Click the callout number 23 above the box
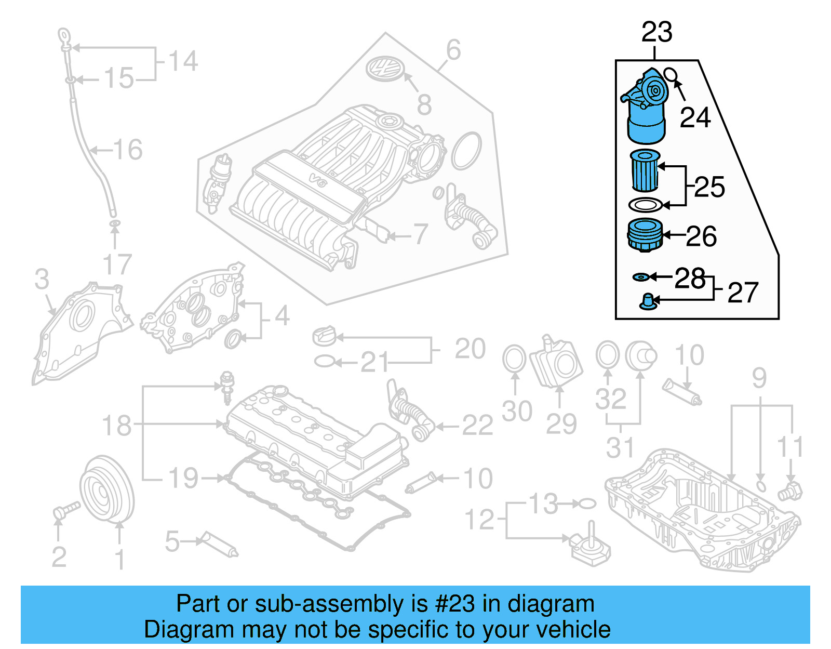(656, 33)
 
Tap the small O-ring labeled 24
(671, 75)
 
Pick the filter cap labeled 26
(645, 235)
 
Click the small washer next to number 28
(640, 277)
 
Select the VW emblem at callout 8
(385, 69)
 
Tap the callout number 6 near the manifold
(453, 50)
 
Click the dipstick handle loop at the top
(63, 37)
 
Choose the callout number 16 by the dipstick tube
(128, 150)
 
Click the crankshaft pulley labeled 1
(106, 488)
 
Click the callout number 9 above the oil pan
(759, 378)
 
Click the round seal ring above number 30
(514, 359)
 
